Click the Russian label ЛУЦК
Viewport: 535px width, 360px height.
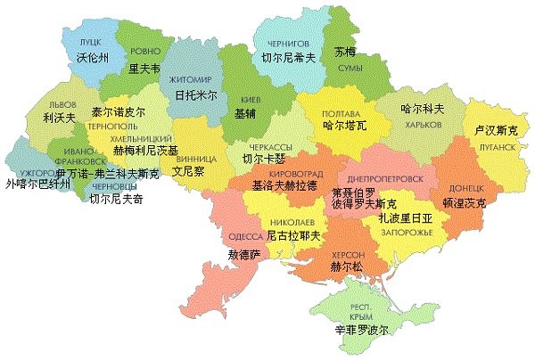[x=90, y=42]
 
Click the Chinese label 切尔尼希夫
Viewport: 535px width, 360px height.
[x=288, y=58]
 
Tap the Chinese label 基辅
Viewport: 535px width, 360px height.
[x=244, y=113]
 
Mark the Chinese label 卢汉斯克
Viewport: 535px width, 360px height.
[x=496, y=129]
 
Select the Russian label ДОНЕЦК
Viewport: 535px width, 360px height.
[x=464, y=190]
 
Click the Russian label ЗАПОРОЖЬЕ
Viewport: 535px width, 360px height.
[x=406, y=232]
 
